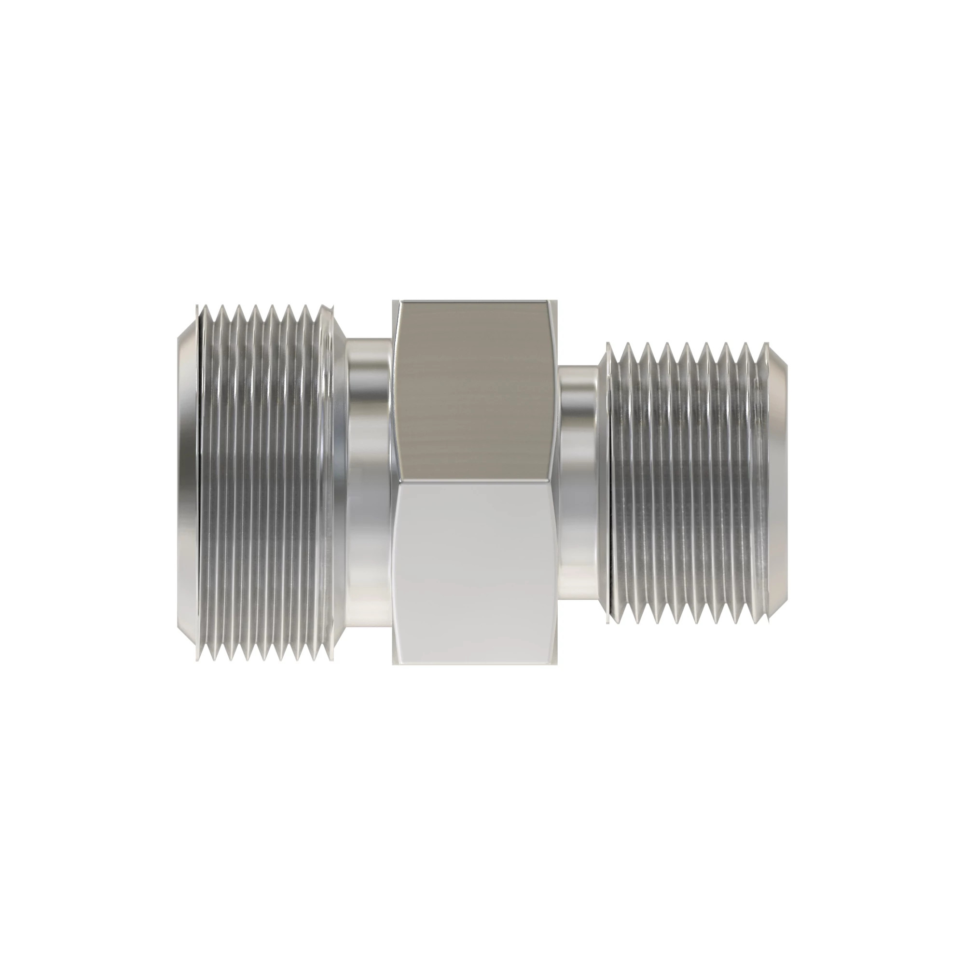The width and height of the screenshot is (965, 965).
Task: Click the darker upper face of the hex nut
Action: point(474,389)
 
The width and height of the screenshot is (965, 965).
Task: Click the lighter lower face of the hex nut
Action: point(474,569)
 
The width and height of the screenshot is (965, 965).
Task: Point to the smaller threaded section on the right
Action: point(689,482)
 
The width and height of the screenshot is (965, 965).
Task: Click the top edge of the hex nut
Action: point(474,302)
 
